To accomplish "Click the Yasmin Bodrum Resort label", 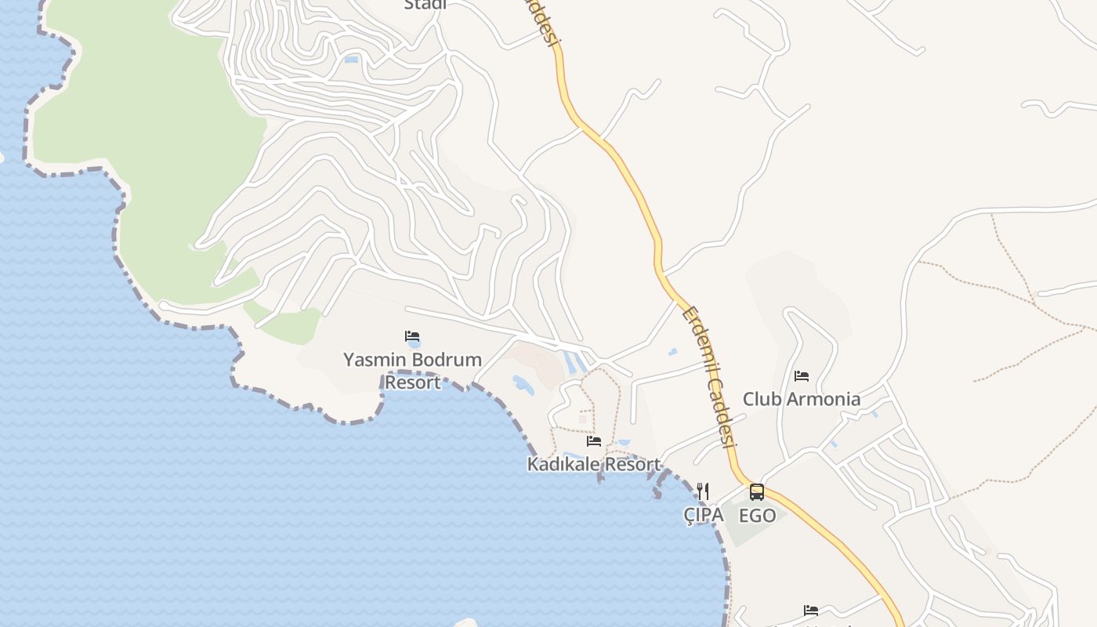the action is (x=412, y=371).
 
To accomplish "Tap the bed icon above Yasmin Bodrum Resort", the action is (x=412, y=337).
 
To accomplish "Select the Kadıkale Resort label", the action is (x=594, y=464).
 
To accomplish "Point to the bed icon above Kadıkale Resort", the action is (x=594, y=441).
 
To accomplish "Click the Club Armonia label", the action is (x=801, y=399).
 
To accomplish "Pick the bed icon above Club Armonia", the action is (x=801, y=376).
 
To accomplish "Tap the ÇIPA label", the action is (x=703, y=515).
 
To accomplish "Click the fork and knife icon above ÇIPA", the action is (x=703, y=491).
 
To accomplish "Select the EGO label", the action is (x=757, y=515).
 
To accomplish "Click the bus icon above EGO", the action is (x=757, y=492).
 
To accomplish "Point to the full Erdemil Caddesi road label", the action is (x=710, y=375).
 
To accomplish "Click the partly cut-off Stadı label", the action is (x=425, y=5).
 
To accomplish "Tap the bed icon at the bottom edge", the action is (x=811, y=610).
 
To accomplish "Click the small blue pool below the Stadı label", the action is (x=351, y=59).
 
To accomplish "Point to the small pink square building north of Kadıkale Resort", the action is (x=582, y=419).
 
